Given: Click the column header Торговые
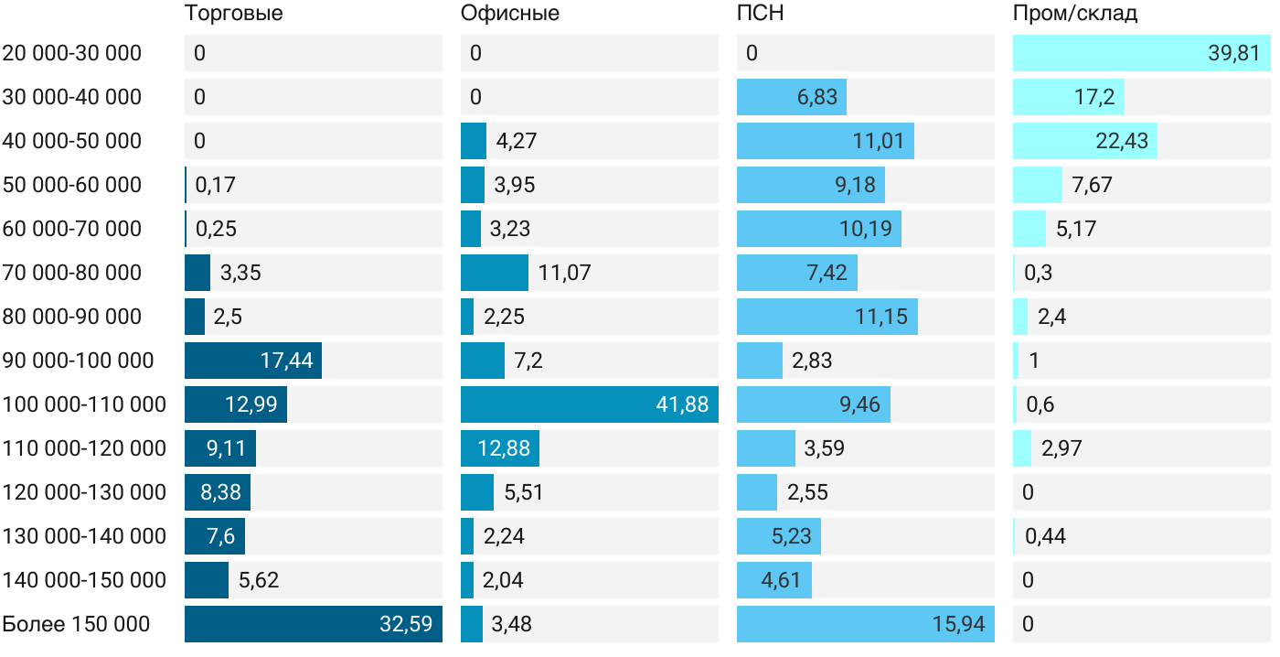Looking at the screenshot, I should (x=234, y=14).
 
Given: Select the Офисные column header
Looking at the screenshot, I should (x=510, y=14).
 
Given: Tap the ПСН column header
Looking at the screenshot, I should (x=761, y=14).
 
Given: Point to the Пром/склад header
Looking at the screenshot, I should (x=1075, y=14).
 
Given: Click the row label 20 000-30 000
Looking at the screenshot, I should (x=72, y=53).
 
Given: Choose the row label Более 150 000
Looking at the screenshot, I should (x=76, y=624).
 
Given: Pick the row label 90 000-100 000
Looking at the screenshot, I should (x=78, y=361).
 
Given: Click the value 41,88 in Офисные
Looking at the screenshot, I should (x=682, y=404).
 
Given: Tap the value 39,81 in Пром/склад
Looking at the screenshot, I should (x=1234, y=53).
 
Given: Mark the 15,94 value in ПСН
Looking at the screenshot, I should (x=958, y=624).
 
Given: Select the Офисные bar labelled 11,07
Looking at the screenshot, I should (x=494, y=273).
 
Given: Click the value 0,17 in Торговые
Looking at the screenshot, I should (x=216, y=185).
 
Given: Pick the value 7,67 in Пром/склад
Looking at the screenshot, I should (x=1092, y=185).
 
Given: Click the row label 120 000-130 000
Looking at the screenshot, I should (x=84, y=492).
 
